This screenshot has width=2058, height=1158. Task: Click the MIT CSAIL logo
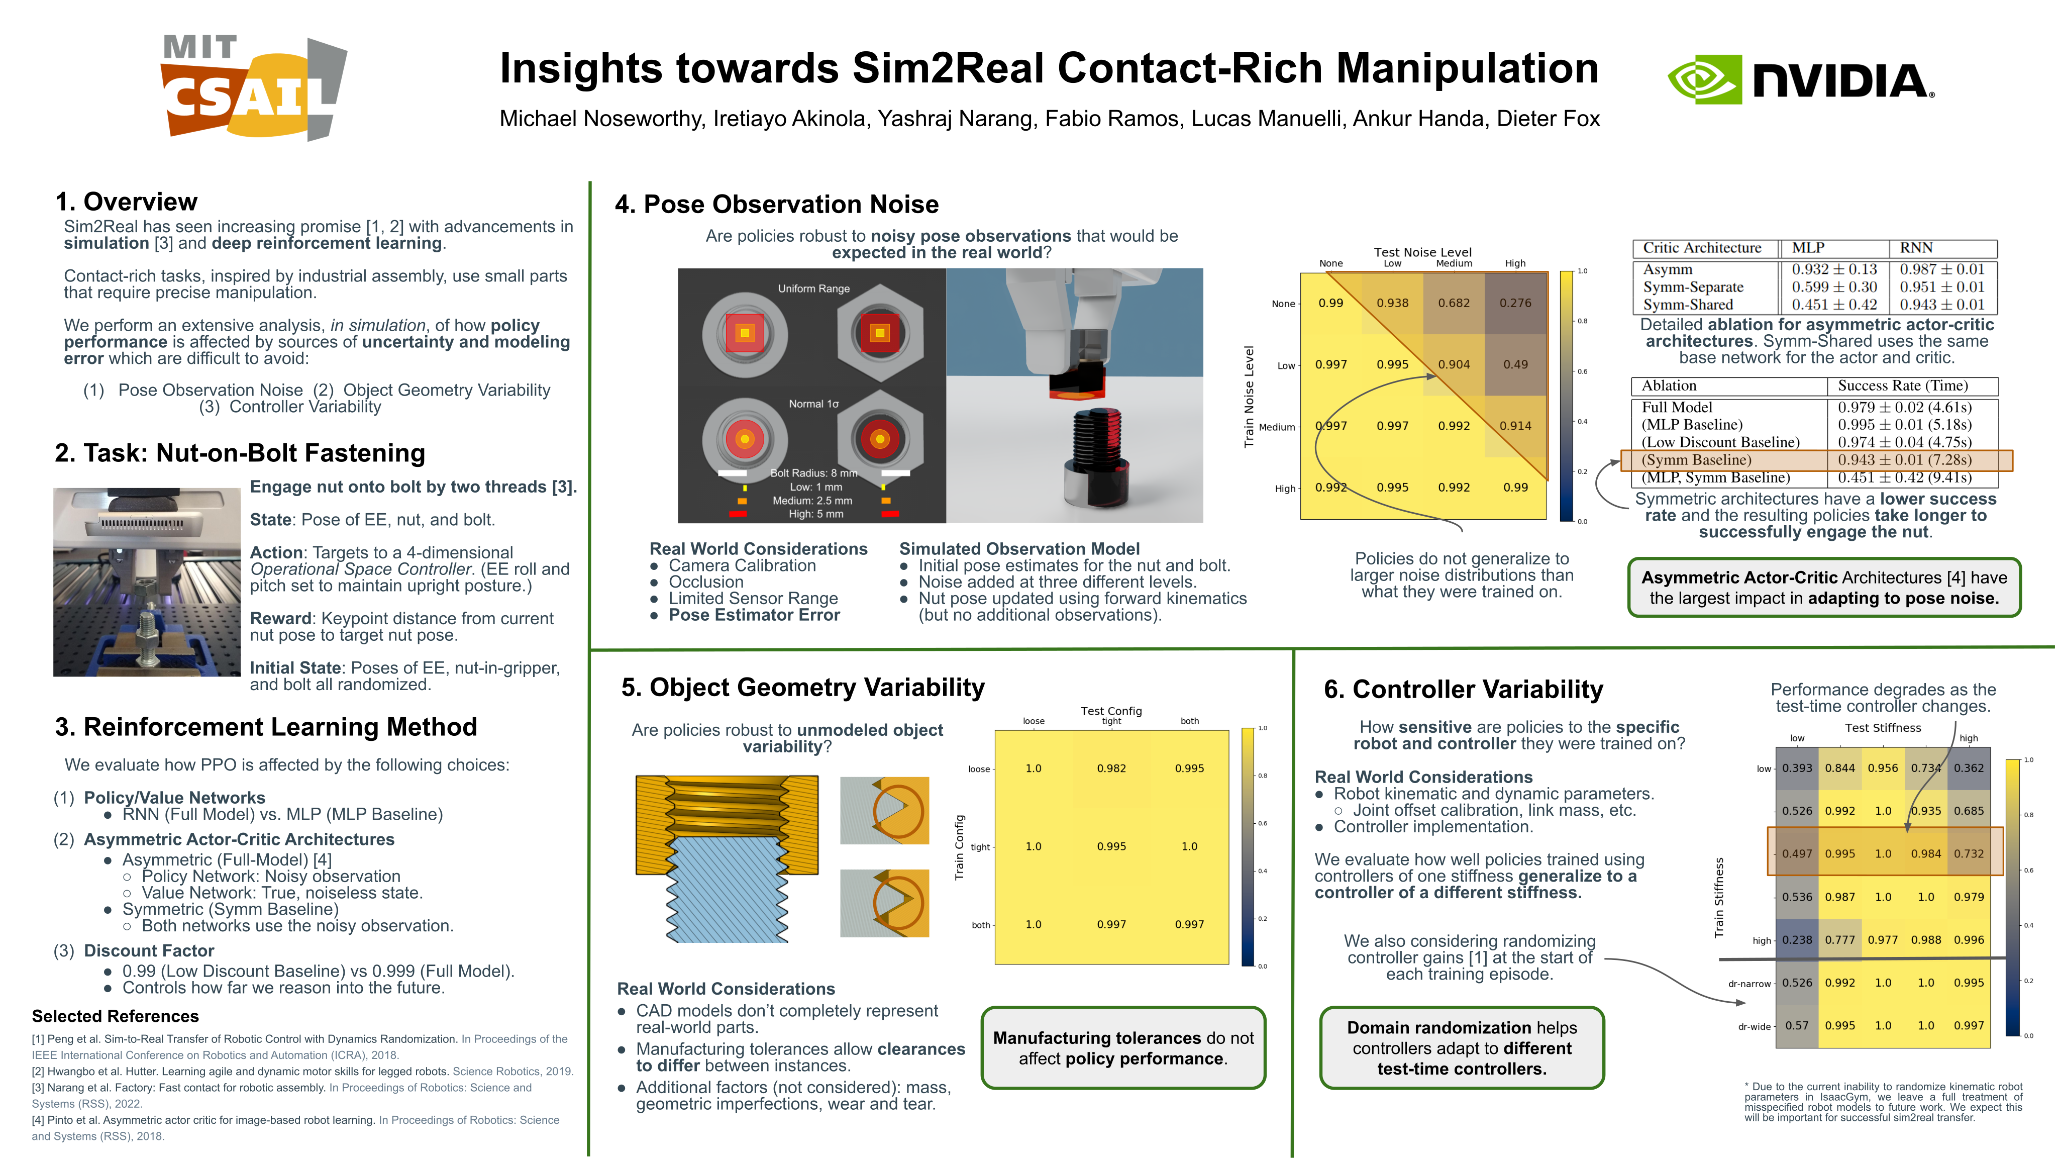tap(254, 88)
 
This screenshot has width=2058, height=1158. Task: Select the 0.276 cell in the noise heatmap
tap(1515, 303)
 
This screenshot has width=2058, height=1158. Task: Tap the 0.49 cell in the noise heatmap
tap(1515, 364)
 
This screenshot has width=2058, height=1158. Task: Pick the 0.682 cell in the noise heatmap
tap(1453, 303)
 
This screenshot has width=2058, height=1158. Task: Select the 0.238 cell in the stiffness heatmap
tap(1797, 940)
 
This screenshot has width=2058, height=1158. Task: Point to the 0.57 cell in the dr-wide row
tap(1797, 1025)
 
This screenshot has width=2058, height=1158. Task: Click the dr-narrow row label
tap(1749, 984)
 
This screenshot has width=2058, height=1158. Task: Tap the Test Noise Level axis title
tap(1422, 252)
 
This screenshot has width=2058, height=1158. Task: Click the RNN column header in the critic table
tap(1916, 248)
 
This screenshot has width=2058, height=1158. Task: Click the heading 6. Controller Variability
tap(1463, 689)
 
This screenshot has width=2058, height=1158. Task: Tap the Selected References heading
tap(115, 1016)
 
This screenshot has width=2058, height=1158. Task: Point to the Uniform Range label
tap(813, 288)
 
